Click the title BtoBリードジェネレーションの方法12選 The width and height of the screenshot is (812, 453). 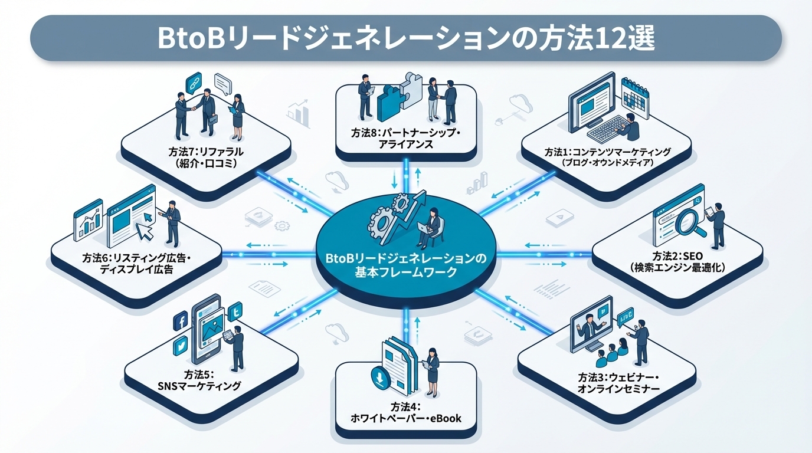point(406,38)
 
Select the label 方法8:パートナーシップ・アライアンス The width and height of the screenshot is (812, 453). point(406,138)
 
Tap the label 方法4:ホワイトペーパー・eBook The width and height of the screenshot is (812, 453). point(406,413)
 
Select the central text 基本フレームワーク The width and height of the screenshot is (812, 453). point(406,273)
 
